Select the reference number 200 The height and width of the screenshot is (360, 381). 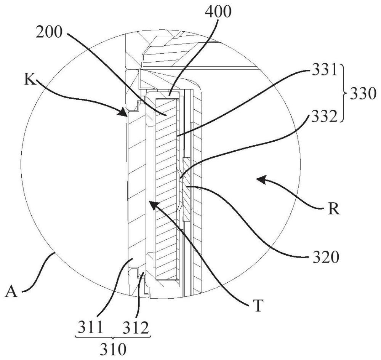point(49,32)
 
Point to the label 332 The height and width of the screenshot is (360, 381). point(322,116)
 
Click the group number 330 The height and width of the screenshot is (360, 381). point(363,93)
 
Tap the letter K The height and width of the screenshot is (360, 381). point(30,80)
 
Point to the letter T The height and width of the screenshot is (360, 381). point(258,305)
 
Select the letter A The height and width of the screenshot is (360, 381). point(11,291)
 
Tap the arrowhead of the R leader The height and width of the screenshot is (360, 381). point(261,180)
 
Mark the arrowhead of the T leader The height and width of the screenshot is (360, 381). point(153,205)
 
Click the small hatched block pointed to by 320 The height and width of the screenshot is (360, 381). point(187,189)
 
